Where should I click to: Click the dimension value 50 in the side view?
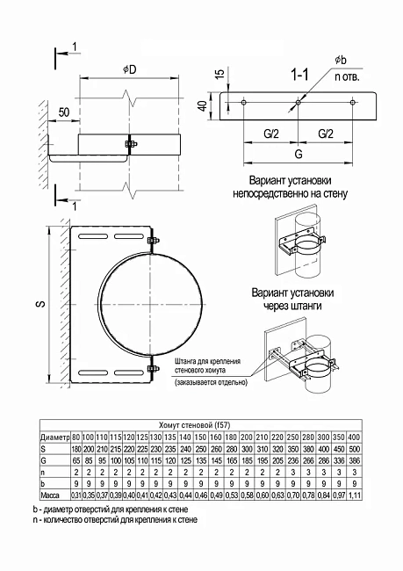tap(64, 112)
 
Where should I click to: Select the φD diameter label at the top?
tap(132, 69)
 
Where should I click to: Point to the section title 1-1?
tap(300, 77)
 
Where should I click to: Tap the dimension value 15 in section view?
tap(218, 76)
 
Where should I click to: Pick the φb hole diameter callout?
tap(340, 60)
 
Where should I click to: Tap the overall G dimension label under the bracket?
tap(299, 152)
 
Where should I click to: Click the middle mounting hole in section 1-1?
tap(299, 104)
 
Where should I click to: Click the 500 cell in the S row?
tap(353, 449)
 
